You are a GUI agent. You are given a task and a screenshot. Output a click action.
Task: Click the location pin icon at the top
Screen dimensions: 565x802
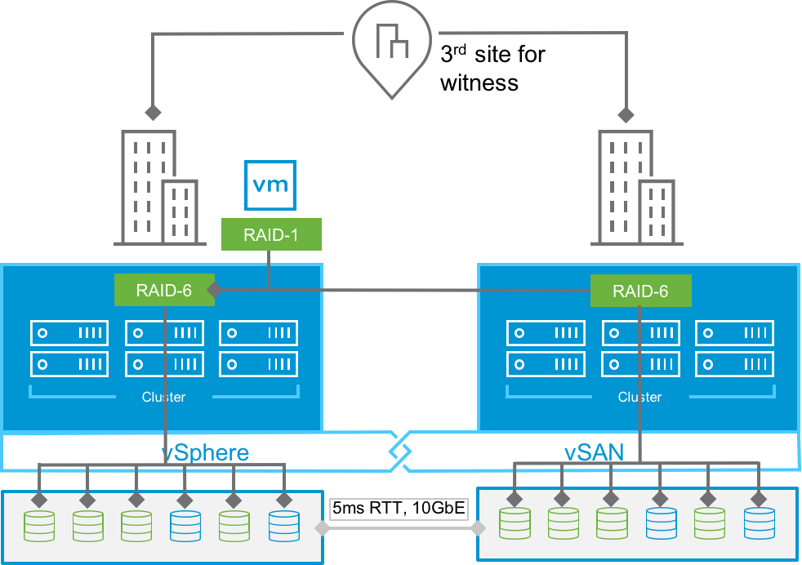click(392, 45)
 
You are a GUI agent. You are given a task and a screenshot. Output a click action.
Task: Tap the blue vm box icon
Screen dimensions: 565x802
click(270, 185)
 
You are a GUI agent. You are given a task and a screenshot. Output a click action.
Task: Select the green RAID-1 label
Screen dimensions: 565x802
click(271, 234)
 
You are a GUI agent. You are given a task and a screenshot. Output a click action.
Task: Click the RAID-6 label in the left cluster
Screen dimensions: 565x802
click(163, 290)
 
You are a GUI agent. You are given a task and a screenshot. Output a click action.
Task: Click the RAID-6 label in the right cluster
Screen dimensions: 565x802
click(640, 291)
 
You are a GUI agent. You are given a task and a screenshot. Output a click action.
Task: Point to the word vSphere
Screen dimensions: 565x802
click(205, 452)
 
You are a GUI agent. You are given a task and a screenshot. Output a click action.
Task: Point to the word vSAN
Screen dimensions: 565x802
click(594, 452)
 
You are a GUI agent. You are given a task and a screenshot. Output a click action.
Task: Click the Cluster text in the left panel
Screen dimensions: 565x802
click(163, 397)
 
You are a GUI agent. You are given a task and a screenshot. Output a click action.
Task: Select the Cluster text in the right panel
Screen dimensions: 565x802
click(639, 397)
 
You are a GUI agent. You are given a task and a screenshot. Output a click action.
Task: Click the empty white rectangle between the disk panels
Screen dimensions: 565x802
click(399, 509)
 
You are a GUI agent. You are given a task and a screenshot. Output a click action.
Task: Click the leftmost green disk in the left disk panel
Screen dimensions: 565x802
click(39, 526)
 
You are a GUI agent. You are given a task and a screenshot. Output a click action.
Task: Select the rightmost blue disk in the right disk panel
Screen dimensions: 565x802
click(760, 523)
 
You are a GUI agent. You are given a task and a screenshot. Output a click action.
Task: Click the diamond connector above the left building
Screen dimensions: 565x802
click(152, 112)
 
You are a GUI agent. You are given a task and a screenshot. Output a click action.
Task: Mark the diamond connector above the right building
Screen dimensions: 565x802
click(626, 115)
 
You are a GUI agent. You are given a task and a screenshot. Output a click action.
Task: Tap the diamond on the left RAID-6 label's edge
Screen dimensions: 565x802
click(215, 290)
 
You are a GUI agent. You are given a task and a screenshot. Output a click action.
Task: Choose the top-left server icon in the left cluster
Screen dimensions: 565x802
click(69, 333)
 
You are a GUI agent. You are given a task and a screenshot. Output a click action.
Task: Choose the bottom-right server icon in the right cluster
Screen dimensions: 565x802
click(734, 364)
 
